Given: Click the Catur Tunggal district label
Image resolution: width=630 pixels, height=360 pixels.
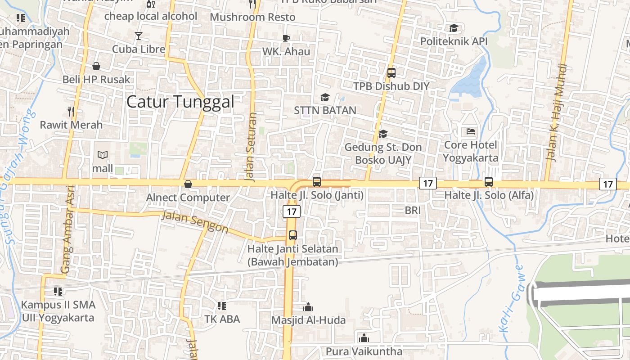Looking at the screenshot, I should pos(180,102).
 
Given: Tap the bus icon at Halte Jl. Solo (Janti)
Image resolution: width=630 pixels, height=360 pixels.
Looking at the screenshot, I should pos(317,182).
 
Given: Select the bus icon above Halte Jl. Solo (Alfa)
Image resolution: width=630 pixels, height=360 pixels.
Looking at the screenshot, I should pos(489,182).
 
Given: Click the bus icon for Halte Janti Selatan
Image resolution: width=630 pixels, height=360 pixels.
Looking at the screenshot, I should pos(293,235).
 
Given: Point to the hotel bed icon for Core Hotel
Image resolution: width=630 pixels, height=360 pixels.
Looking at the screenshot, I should pos(471,131).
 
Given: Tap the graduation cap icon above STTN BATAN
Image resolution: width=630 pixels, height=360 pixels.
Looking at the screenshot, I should pos(325,97).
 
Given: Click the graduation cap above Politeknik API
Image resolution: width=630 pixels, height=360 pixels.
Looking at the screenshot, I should pos(454,28).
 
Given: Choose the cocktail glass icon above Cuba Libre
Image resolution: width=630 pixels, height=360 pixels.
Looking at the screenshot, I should pos(139,36).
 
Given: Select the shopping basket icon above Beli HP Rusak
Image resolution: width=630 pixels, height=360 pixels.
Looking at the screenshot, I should pos(96,67).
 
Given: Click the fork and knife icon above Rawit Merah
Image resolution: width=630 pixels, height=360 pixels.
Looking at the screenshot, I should pos(71,111).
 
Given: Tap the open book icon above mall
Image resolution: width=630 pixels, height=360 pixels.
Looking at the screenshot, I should pos(103,155).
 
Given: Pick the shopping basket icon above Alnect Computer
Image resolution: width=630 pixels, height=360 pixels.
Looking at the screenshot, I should pos(188,184).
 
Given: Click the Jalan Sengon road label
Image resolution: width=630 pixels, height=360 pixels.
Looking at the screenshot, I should pos(195,221).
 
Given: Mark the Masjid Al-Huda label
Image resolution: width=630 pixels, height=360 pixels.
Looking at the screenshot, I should pos(308,320).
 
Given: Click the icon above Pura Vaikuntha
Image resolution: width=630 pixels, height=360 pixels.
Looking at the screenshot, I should pos(364,337).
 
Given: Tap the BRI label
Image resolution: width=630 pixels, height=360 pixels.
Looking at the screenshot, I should pos(413,210).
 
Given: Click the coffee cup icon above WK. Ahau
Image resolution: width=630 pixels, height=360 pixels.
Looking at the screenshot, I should pos(286,38).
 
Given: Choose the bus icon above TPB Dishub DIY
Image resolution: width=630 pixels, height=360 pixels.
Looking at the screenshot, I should pos(391,72).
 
